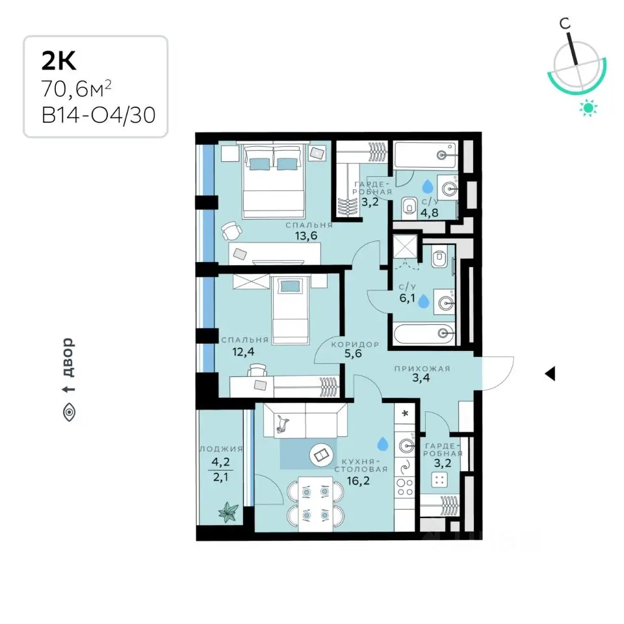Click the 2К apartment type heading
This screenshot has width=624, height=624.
coord(59,61)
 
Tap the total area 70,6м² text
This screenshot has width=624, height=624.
coord(76,89)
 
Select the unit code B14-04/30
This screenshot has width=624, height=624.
coord(98,116)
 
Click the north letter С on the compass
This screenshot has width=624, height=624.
coord(565,23)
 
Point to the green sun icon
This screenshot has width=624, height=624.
coord(588,107)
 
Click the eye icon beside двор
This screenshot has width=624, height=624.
coord(69,412)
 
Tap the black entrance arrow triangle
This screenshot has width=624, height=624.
coord(550,374)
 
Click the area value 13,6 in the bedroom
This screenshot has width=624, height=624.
coord(306,236)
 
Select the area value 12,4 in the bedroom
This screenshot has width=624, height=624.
coord(243,352)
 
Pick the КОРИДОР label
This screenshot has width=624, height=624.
coord(355,344)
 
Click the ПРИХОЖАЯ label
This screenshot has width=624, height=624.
coord(422,369)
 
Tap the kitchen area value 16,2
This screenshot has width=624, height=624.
coord(358,481)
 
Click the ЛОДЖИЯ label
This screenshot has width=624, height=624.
coord(221,449)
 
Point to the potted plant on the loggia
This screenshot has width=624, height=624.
coord(228,512)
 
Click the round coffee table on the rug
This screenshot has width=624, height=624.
coord(320,454)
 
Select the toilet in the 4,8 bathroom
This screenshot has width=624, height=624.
coord(408,207)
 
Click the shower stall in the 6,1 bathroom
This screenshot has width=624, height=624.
coord(405,247)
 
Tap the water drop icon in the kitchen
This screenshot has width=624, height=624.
coord(382,443)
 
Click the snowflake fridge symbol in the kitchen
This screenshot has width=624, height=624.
coord(405,413)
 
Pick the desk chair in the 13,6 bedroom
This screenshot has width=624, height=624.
coord(231,231)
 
